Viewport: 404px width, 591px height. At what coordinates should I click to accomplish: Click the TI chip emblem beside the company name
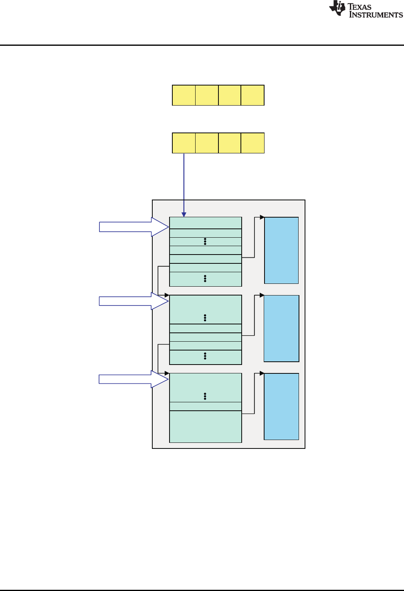point(337,8)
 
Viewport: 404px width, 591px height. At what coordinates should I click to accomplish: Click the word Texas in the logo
point(360,6)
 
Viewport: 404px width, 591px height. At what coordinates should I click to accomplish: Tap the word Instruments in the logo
point(376,15)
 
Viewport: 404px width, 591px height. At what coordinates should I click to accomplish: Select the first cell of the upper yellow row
point(184,95)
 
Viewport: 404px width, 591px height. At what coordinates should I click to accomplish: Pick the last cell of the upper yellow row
point(252,95)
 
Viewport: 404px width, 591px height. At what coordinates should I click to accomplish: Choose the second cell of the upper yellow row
point(207,95)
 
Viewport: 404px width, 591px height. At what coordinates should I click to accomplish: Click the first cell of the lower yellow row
point(184,143)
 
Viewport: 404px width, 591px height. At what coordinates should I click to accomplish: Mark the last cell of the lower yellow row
point(252,143)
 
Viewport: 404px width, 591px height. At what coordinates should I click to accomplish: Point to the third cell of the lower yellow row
point(230,143)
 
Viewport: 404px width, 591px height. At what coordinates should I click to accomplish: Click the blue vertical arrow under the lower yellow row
point(184,185)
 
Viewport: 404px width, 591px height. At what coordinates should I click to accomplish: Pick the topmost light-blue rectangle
point(281,251)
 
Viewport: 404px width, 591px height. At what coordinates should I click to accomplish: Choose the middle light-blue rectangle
point(281,328)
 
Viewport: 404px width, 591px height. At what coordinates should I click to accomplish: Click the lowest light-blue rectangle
point(281,406)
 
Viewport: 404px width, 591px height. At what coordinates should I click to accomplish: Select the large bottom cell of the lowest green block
point(206,426)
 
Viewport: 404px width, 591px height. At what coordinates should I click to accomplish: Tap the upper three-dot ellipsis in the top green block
point(205,241)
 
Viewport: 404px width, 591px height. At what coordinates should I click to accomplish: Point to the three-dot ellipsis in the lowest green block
point(205,396)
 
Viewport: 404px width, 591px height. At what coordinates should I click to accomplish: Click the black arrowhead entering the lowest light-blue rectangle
point(262,373)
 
